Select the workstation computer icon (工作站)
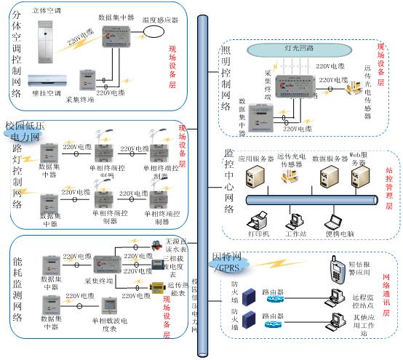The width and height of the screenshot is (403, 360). tap(296, 220)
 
